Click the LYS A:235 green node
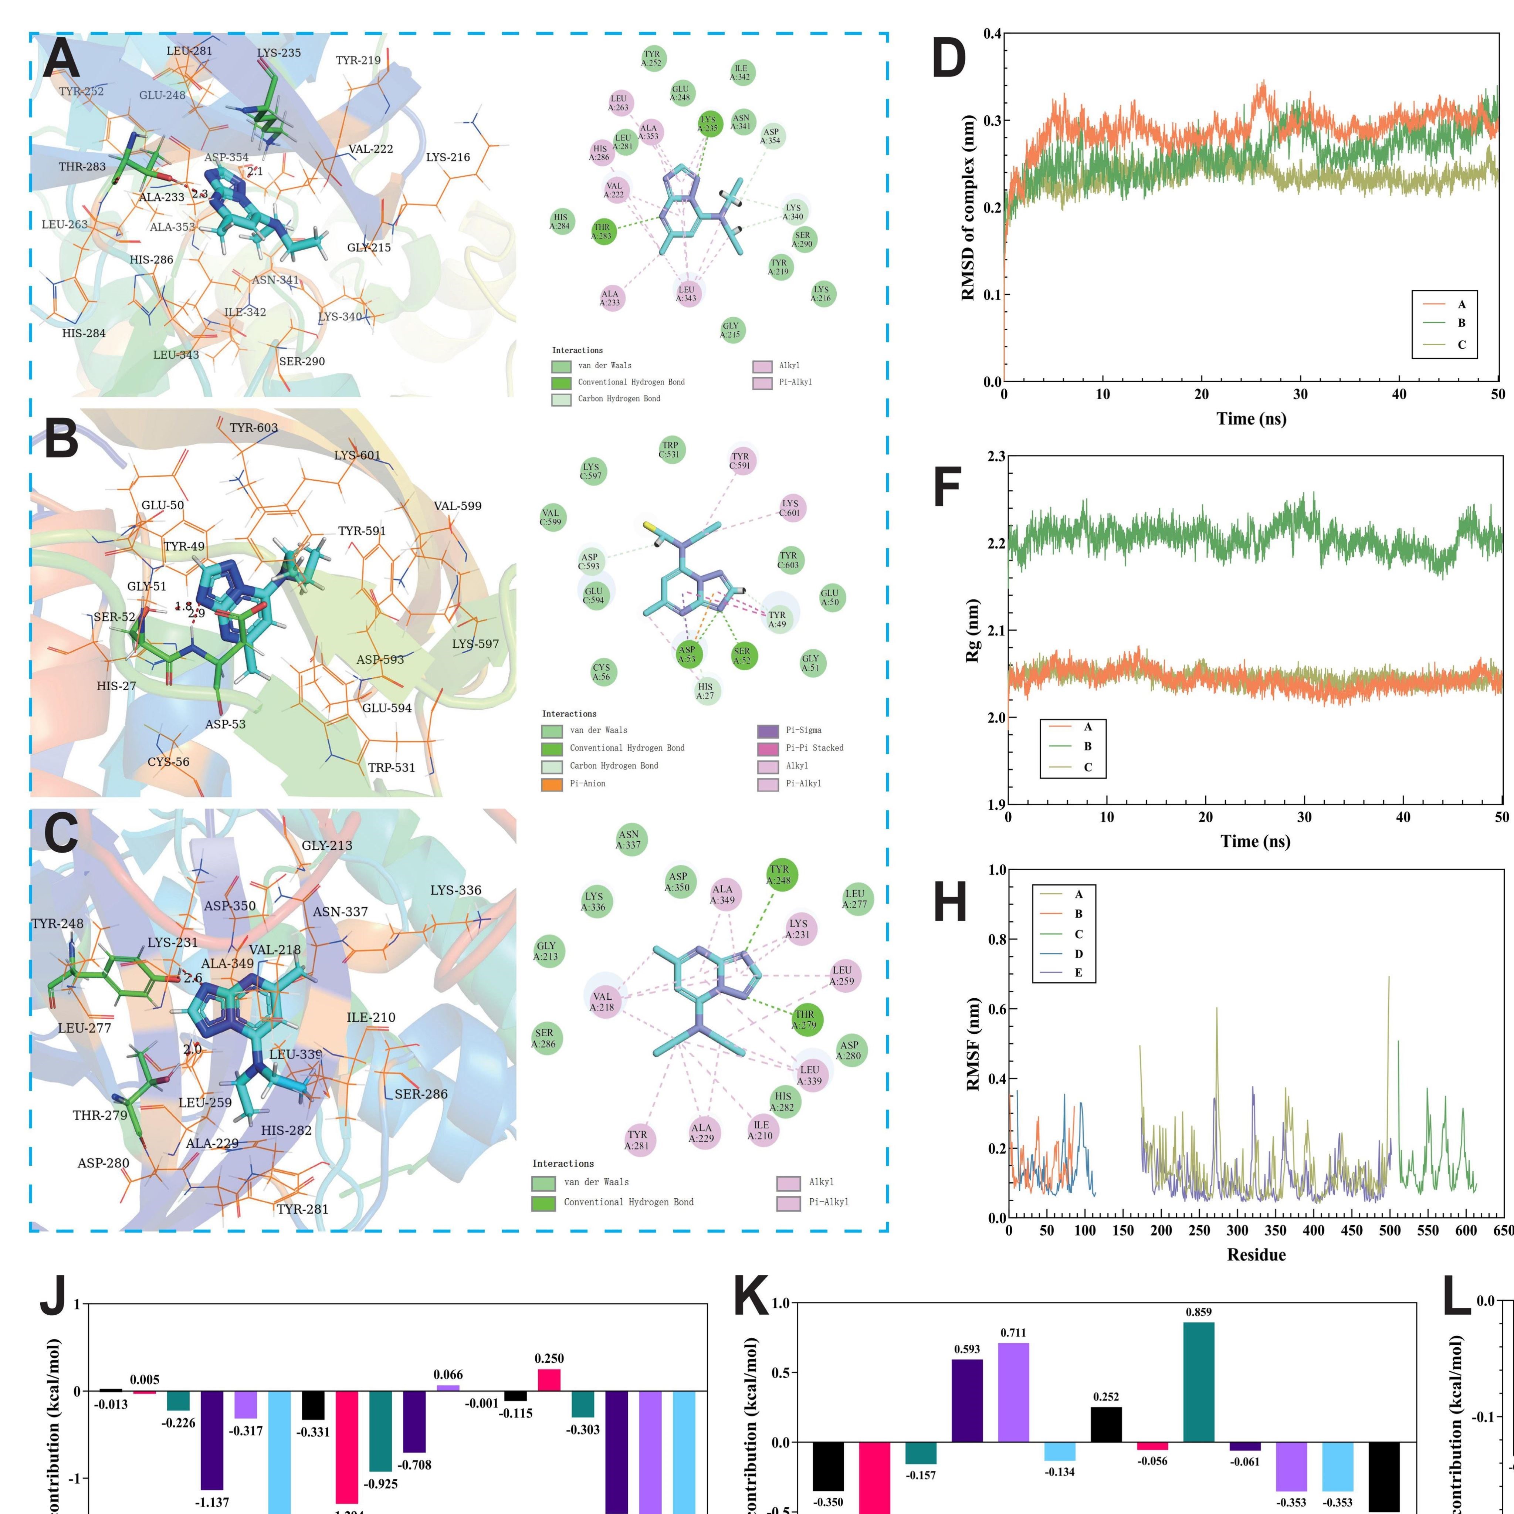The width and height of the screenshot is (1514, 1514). [x=709, y=124]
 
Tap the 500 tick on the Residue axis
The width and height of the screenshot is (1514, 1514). [x=1389, y=1230]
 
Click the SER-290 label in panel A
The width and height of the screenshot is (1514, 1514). [x=302, y=361]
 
